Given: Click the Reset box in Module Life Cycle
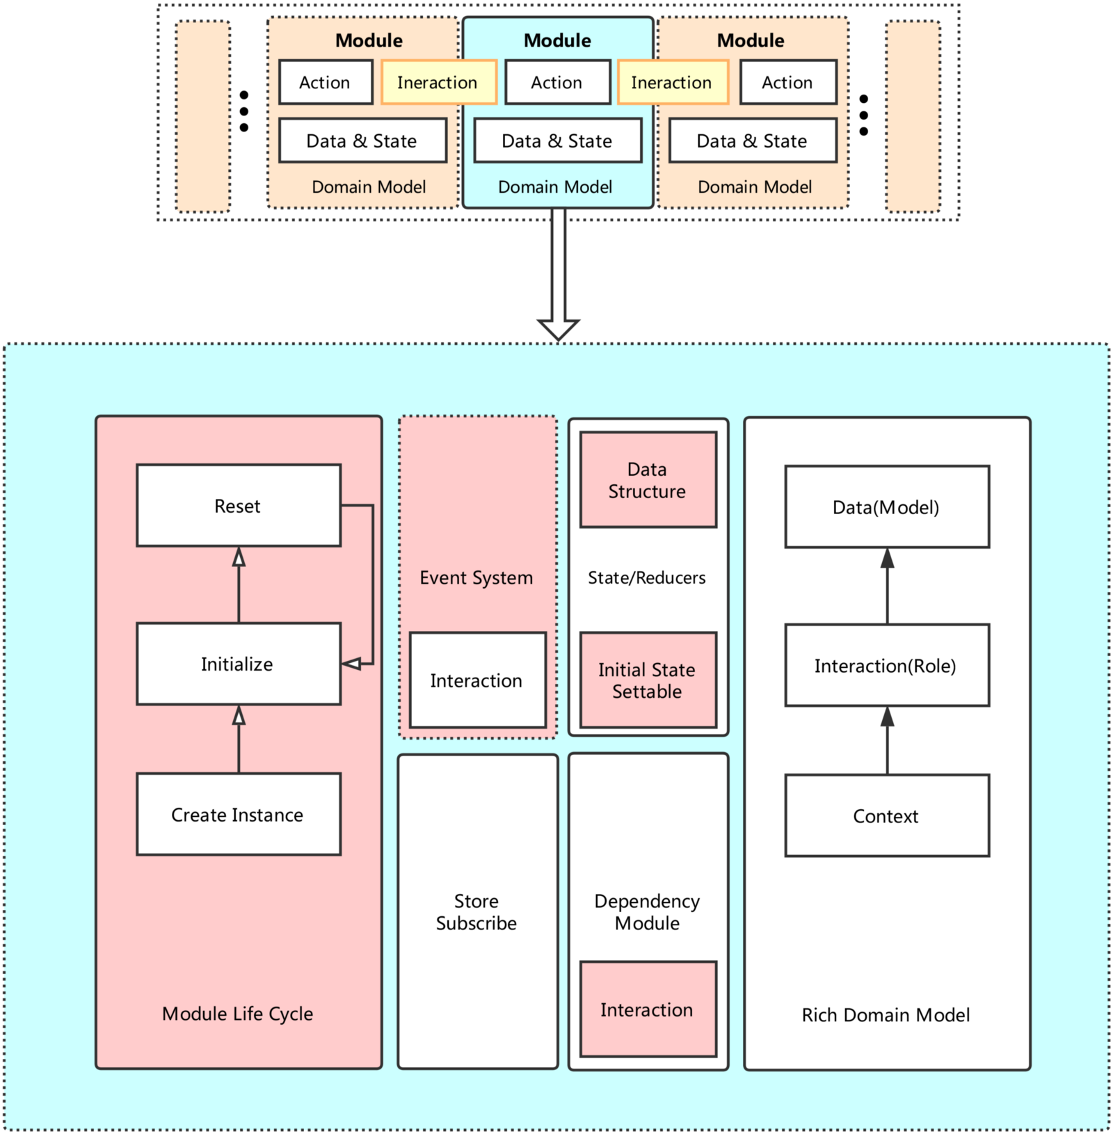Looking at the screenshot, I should pyautogui.click(x=239, y=506).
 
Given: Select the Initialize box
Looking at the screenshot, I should pyautogui.click(x=239, y=664).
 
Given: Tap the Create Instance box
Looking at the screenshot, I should pyautogui.click(x=239, y=815).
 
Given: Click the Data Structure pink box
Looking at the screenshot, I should pyautogui.click(x=648, y=480).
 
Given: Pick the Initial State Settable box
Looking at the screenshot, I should pyautogui.click(x=648, y=680).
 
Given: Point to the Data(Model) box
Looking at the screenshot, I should pyautogui.click(x=887, y=507).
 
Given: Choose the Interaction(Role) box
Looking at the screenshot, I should pyautogui.click(x=887, y=666).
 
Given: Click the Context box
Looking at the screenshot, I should pyautogui.click(x=887, y=816).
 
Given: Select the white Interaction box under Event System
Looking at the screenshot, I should pyautogui.click(x=477, y=680).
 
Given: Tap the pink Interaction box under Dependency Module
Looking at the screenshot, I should pyautogui.click(x=648, y=1009).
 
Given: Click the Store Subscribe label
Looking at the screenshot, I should pyautogui.click(x=477, y=912).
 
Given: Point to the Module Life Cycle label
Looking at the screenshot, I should pyautogui.click(x=238, y=1014).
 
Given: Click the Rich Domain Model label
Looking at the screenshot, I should pyautogui.click(x=886, y=1015).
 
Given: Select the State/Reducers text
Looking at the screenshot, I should pyautogui.click(x=647, y=577).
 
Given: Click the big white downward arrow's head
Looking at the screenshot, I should pyautogui.click(x=559, y=328).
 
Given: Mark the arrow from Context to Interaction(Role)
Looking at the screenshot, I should pyautogui.click(x=887, y=740).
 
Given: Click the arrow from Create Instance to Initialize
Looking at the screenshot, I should pyautogui.click(x=239, y=739).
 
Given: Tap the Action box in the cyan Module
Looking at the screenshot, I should pyautogui.click(x=557, y=83).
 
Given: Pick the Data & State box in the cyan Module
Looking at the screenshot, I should pyautogui.click(x=557, y=141).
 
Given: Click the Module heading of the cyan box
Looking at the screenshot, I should pyautogui.click(x=557, y=40).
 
